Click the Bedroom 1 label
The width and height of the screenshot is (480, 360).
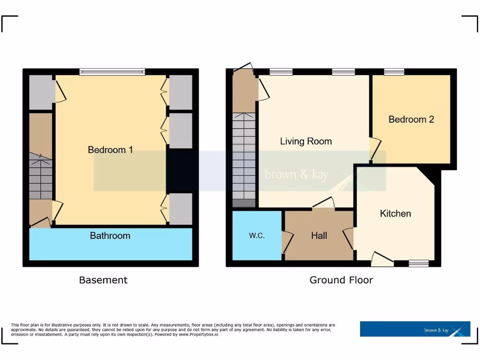click(x=111, y=150)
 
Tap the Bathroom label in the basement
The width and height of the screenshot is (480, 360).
click(x=110, y=236)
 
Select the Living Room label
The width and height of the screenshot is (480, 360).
click(x=306, y=141)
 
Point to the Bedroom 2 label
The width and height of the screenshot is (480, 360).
click(x=411, y=119)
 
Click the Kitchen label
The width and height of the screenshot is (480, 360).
click(x=395, y=214)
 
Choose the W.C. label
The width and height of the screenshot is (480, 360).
click(x=256, y=236)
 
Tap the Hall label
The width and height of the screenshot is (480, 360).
click(x=319, y=236)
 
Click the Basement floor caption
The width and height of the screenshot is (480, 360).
click(x=103, y=280)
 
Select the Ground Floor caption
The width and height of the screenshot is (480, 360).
click(x=341, y=280)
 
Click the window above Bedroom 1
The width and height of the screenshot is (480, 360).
click(x=112, y=72)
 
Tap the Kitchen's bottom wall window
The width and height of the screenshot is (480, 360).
click(x=418, y=264)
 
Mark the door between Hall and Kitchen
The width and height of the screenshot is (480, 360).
click(x=349, y=238)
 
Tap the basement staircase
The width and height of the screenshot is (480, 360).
click(x=41, y=176)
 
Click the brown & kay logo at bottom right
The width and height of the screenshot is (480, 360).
click(x=415, y=329)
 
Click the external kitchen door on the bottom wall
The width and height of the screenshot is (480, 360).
click(x=382, y=259)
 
